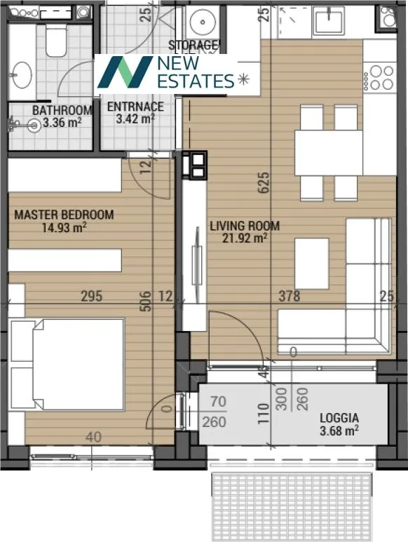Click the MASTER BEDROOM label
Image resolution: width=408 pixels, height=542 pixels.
coord(64,215)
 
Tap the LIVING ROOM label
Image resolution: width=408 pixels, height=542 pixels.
coord(245,226)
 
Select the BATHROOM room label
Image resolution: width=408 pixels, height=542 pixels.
coord(62,110)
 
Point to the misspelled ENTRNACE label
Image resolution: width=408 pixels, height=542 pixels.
coord(135,107)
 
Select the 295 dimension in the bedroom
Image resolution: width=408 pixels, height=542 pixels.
coord(91,297)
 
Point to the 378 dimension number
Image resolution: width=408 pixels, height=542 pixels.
coord(288,297)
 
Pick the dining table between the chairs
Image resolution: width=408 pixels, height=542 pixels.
coord(328,152)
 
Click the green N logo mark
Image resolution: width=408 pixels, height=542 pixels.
coord(124,72)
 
